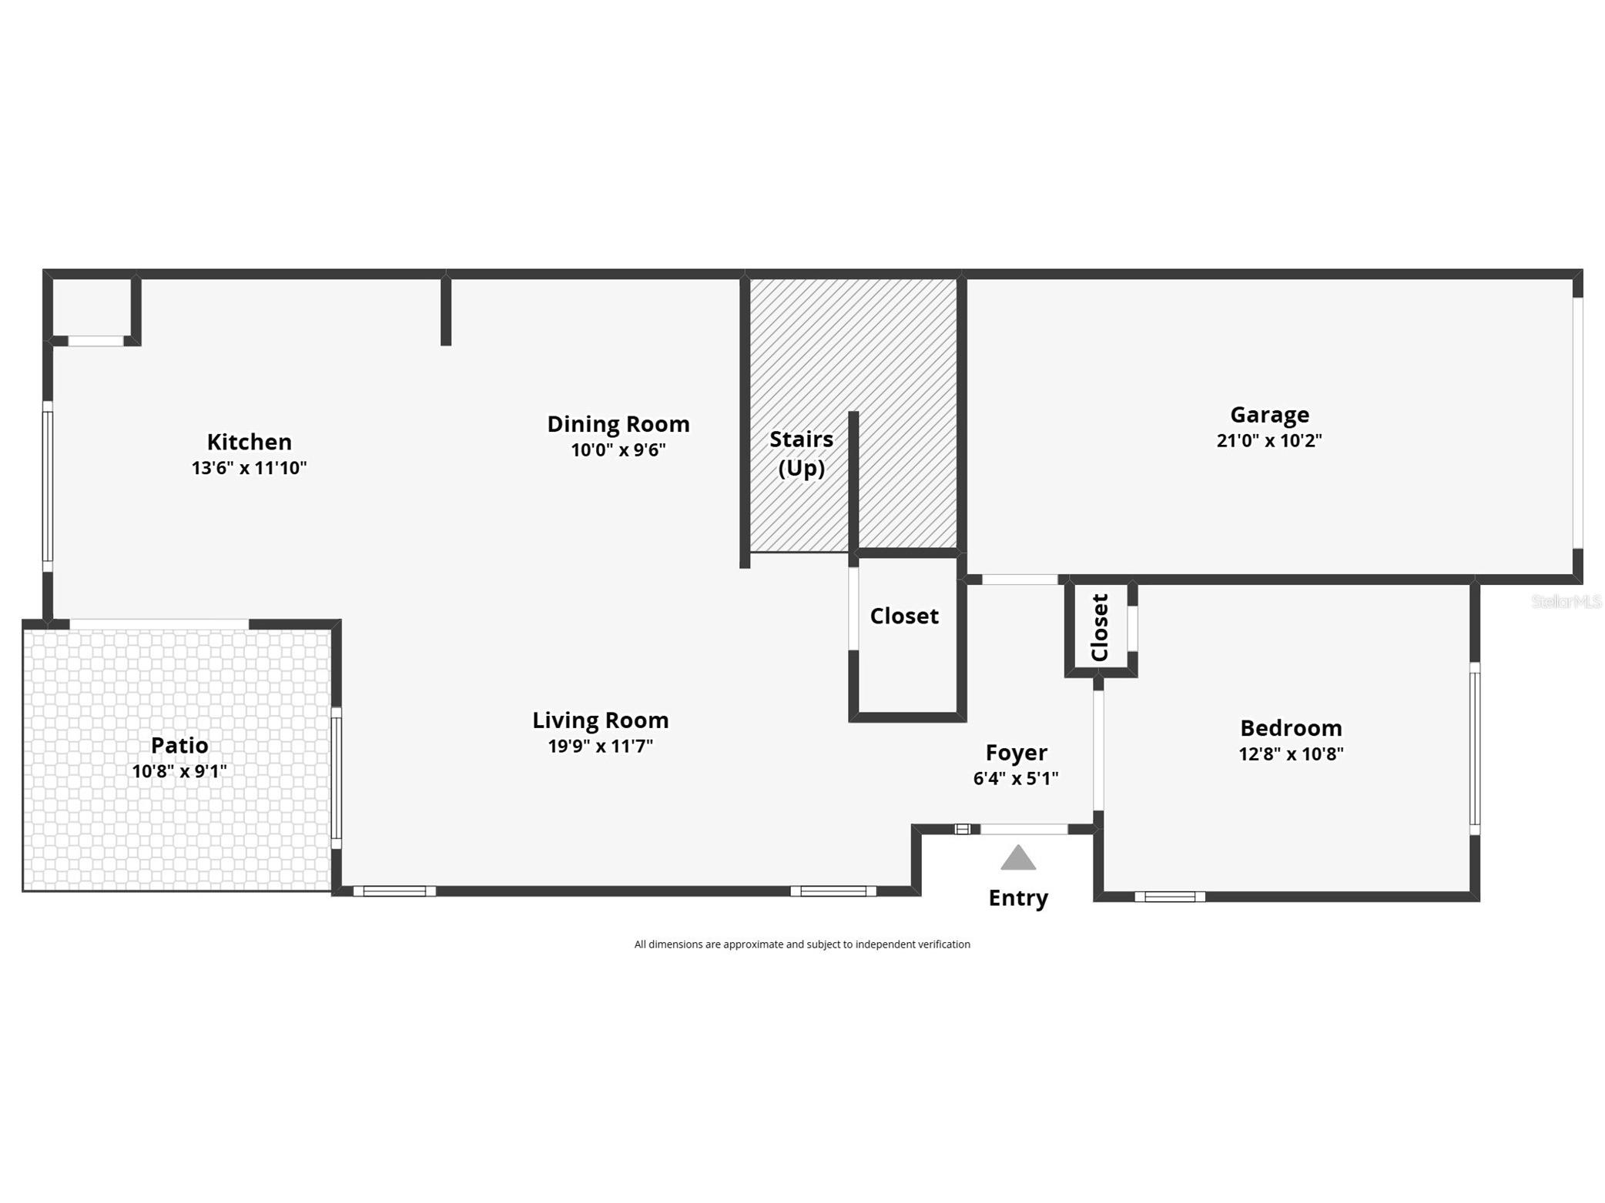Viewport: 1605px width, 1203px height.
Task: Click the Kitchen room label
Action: [249, 442]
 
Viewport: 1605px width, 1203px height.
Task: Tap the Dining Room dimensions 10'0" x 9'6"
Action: [618, 450]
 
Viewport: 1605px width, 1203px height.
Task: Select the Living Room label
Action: [600, 720]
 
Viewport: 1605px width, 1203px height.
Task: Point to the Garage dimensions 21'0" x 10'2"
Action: [1268, 441]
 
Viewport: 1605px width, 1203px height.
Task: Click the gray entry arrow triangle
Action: [1017, 858]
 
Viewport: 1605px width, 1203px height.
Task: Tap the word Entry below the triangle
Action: [1017, 898]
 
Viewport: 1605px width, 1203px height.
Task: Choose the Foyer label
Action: [1016, 752]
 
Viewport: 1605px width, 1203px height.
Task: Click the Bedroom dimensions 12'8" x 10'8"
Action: [1290, 754]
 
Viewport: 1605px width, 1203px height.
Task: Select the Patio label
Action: [179, 745]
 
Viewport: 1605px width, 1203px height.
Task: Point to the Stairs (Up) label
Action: [801, 453]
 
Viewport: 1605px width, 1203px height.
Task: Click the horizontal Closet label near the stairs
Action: [903, 616]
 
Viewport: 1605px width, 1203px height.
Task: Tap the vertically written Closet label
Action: [1099, 627]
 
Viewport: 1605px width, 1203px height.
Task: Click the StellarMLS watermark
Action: [1566, 601]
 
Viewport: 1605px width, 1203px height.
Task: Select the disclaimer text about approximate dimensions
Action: [802, 944]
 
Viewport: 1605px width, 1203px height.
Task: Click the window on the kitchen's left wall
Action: [48, 486]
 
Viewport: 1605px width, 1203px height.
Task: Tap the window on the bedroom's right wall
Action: [1474, 748]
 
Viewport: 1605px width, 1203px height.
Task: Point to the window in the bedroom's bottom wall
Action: [1169, 897]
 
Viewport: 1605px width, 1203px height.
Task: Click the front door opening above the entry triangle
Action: [1023, 829]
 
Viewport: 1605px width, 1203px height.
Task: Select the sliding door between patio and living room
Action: [336, 777]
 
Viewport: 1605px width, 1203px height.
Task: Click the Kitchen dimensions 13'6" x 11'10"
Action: [249, 468]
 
